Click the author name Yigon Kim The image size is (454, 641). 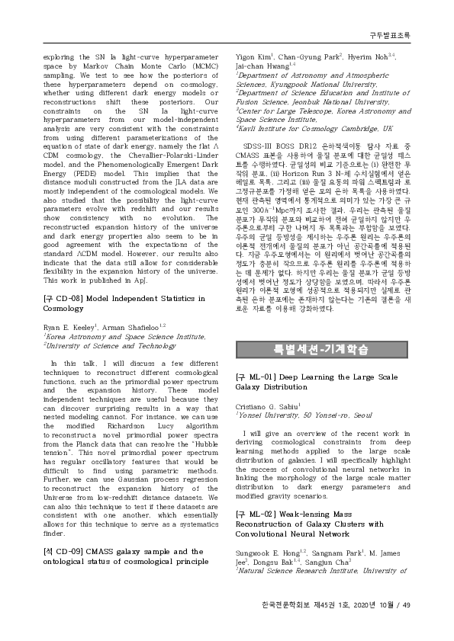coord(253,57)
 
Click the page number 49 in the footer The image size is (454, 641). coord(406,605)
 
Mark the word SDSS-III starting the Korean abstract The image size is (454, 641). coord(263,146)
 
